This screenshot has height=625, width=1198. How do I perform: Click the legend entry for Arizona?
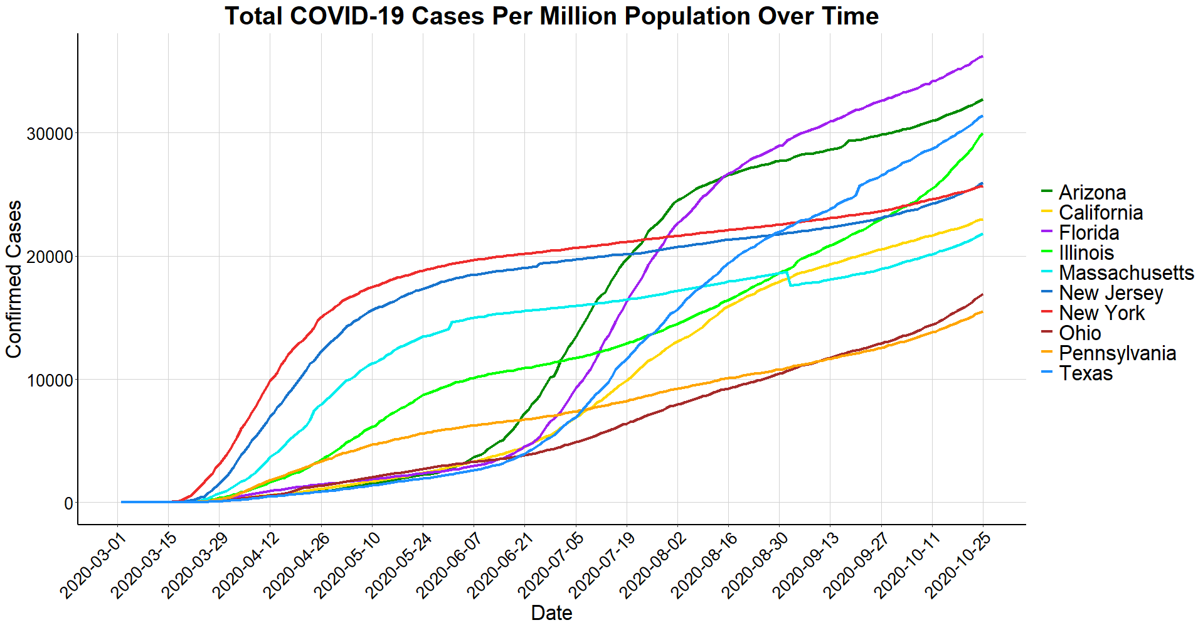click(1092, 192)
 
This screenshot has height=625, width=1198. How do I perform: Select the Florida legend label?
click(1089, 233)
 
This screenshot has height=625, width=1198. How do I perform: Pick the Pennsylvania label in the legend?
click(1117, 353)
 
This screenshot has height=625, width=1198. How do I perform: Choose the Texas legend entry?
click(1086, 373)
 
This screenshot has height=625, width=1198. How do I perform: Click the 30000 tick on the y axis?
click(50, 134)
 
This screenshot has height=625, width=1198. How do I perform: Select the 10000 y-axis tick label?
click(50, 380)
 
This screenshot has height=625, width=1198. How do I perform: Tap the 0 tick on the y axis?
click(68, 503)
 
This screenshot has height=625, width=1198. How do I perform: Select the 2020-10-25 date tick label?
click(959, 565)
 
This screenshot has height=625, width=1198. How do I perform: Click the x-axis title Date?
click(551, 613)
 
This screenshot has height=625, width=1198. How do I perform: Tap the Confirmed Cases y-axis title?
click(14, 279)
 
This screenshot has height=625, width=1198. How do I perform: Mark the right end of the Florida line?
click(982, 56)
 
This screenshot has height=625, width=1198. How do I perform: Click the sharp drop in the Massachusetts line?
click(788, 279)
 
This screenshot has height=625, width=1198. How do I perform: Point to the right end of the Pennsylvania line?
click(982, 312)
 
